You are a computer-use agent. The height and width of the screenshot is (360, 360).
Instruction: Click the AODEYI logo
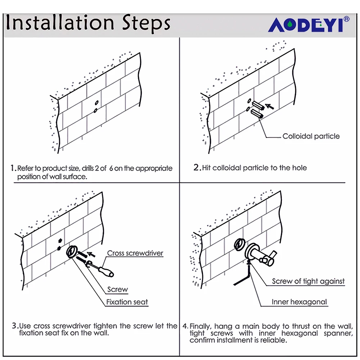coord(309,24)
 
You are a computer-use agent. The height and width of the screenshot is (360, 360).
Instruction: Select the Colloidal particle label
coord(311,136)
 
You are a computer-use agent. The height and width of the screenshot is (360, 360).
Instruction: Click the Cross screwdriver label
coord(135,253)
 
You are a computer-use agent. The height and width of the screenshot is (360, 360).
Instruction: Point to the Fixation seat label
coord(127,302)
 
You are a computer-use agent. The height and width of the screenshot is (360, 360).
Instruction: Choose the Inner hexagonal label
coord(299,302)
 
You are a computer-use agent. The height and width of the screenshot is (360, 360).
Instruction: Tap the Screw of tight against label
coord(308,281)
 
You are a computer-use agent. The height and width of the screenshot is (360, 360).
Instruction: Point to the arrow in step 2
coord(270,107)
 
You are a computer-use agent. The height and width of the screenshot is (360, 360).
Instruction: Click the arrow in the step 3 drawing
coord(91,255)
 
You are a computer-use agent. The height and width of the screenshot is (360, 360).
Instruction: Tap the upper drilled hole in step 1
coord(96,103)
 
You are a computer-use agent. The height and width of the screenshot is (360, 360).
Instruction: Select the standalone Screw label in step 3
coord(117,289)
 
